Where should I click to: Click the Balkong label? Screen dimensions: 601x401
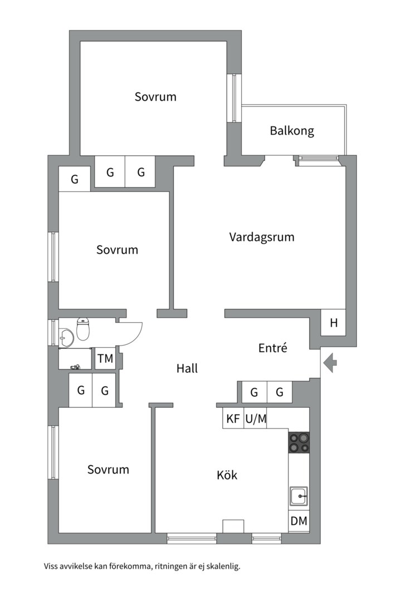(x=292, y=131)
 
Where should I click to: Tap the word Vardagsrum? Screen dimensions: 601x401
(x=262, y=237)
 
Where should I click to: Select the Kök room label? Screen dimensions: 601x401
(x=227, y=475)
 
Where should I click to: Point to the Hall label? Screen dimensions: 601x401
(x=187, y=368)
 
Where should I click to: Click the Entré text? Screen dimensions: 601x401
(x=273, y=348)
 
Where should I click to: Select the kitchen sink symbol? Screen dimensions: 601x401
(x=299, y=494)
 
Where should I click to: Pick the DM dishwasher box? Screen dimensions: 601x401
(x=299, y=522)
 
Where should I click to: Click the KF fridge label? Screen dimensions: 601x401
(x=233, y=418)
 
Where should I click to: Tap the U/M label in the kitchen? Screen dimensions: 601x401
(x=256, y=418)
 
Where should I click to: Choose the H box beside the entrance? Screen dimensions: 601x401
(x=334, y=323)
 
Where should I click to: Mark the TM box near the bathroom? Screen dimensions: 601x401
(x=105, y=359)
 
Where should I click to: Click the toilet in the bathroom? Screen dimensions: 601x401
(x=83, y=330)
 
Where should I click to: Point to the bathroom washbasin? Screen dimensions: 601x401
(x=66, y=336)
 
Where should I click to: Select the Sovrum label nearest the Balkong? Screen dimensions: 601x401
(x=155, y=97)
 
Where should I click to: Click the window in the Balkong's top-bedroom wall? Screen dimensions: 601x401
(x=234, y=97)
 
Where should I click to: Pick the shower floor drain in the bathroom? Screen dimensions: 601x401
(x=76, y=366)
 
